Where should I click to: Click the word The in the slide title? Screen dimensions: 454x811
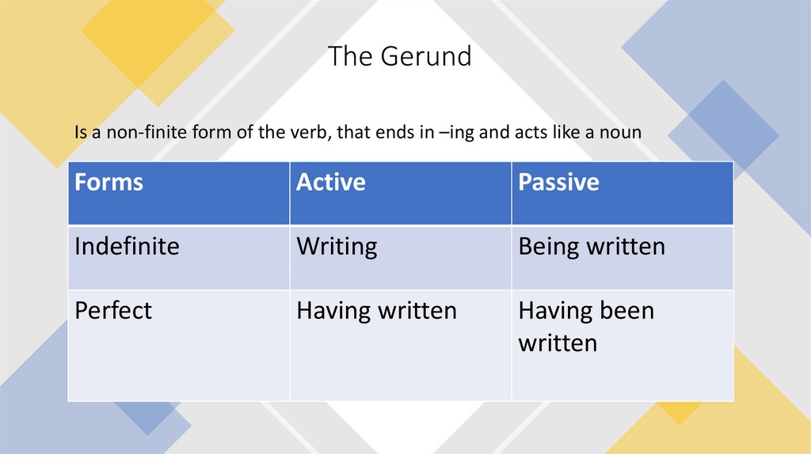click(x=345, y=56)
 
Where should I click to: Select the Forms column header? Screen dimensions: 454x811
click(x=109, y=183)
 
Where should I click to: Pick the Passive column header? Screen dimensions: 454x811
click(x=558, y=183)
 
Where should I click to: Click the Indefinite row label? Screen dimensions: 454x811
click(x=127, y=246)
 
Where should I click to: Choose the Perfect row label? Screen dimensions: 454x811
click(x=113, y=310)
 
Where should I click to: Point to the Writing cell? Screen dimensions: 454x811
click(x=337, y=246)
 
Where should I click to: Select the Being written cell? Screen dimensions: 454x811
click(x=592, y=246)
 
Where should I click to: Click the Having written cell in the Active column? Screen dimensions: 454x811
click(x=376, y=310)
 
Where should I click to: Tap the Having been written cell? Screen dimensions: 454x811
click(x=586, y=326)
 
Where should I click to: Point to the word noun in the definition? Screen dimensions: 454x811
click(x=622, y=133)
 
